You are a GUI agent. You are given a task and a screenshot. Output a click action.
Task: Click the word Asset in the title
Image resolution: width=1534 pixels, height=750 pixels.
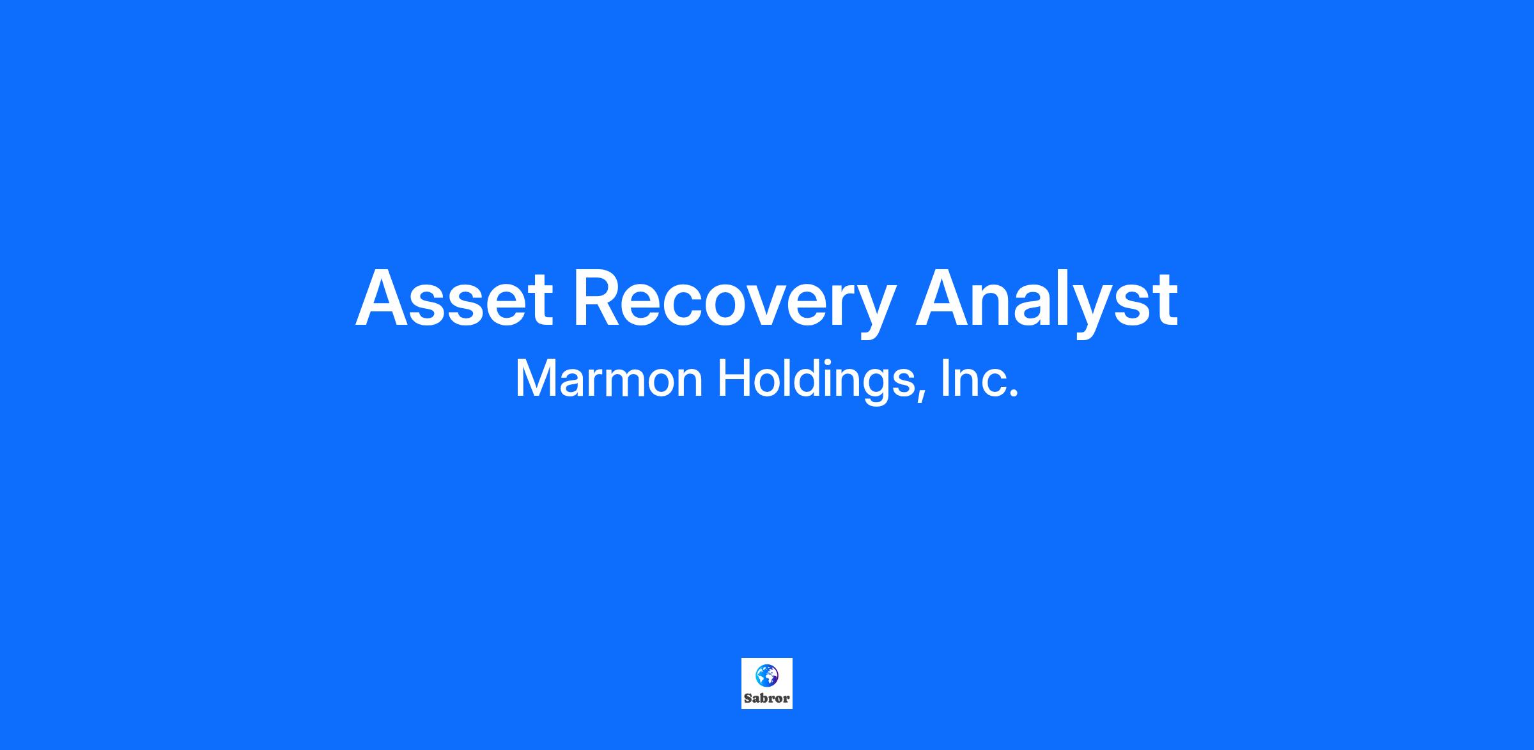coord(454,298)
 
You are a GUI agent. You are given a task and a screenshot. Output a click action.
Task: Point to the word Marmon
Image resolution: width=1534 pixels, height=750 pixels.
coord(609,379)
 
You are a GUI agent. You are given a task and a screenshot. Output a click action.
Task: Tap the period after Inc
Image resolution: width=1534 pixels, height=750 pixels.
coord(1013,394)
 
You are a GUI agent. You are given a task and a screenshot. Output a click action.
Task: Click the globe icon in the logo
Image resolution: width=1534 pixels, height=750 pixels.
coord(766,675)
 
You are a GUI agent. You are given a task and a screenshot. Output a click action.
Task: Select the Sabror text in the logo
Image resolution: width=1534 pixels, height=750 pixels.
coord(766,699)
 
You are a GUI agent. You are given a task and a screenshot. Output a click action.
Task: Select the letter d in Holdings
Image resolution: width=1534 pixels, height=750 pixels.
coord(808,379)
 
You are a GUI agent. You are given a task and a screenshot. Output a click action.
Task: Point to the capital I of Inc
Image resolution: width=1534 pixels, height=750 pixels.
coord(943,379)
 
